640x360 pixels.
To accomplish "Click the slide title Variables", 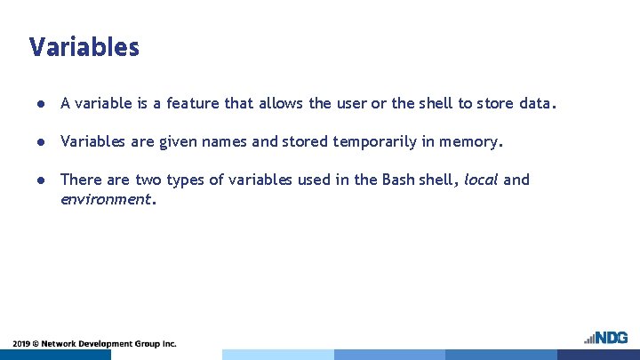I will pyautogui.click(x=84, y=47).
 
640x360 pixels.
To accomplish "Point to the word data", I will pyautogui.click(x=537, y=103).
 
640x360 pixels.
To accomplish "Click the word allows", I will pyautogui.click(x=281, y=103).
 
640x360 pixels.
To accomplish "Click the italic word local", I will pyautogui.click(x=481, y=180).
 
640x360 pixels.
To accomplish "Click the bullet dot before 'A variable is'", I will pyautogui.click(x=42, y=104).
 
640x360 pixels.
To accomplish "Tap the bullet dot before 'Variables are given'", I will pyautogui.click(x=42, y=142).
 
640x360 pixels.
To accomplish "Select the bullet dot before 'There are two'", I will pyautogui.click(x=42, y=180).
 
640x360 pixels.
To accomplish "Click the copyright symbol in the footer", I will pyautogui.click(x=41, y=343).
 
